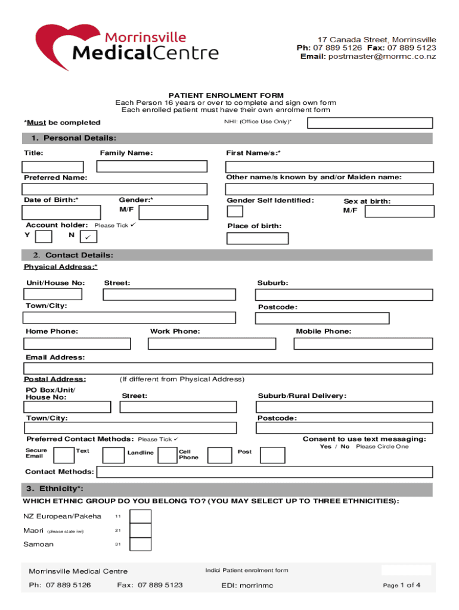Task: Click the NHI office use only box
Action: (370, 123)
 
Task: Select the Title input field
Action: (53, 167)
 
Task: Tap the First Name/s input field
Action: (330, 167)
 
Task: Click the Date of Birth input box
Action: (56, 213)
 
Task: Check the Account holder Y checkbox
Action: (44, 237)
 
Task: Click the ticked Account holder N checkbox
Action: (87, 237)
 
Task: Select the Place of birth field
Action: (258, 238)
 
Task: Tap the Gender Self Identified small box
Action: (235, 211)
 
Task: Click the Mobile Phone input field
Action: (364, 344)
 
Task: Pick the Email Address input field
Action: (228, 368)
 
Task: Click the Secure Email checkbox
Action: (64, 455)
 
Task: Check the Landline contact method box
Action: (113, 455)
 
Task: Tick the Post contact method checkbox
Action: (272, 455)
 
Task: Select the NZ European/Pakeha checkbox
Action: (140, 516)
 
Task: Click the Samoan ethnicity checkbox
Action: (140, 544)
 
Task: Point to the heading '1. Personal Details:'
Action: (69, 138)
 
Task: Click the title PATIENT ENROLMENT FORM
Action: (226, 95)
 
